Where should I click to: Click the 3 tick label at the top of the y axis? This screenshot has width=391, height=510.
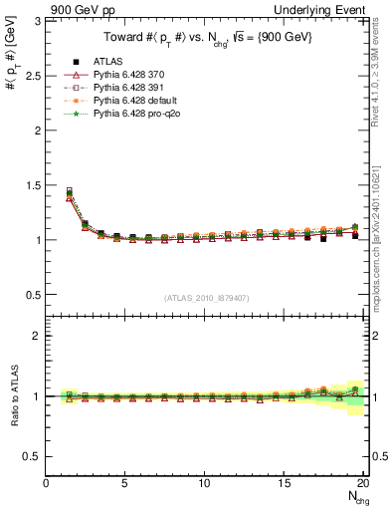pos(38,21)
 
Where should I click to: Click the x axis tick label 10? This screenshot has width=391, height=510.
pos(204,483)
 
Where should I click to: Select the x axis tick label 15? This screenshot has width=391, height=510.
pos(283,483)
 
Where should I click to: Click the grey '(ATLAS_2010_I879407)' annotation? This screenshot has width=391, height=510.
pos(207,297)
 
